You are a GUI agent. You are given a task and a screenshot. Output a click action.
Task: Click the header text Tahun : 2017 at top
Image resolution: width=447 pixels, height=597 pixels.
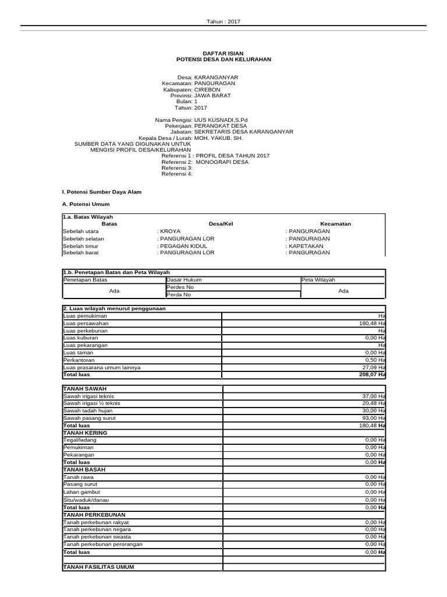click(223, 22)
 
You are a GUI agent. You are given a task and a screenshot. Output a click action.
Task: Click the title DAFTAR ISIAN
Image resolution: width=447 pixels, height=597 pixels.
click(223, 53)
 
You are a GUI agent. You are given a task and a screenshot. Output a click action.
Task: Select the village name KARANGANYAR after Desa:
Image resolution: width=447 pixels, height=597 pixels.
click(216, 77)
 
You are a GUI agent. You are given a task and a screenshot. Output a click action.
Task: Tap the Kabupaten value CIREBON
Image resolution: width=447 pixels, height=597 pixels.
click(207, 90)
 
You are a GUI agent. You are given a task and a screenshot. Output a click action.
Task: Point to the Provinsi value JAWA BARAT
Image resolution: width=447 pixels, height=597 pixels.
click(212, 96)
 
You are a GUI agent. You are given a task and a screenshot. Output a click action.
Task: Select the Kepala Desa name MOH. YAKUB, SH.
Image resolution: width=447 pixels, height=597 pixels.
click(218, 139)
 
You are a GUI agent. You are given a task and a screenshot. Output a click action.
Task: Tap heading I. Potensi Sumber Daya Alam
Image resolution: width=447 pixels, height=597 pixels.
click(101, 192)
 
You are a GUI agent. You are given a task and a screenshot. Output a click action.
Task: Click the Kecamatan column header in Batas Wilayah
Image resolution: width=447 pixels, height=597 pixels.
click(335, 223)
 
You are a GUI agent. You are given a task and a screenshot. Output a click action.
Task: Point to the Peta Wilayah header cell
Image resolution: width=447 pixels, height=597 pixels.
click(318, 280)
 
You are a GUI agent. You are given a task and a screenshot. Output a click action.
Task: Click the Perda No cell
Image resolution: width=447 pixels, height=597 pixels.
click(179, 294)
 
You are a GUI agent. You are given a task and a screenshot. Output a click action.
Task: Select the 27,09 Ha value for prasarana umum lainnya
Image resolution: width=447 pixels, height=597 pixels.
click(373, 368)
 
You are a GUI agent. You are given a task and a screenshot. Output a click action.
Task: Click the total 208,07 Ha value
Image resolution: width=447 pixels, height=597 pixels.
click(372, 375)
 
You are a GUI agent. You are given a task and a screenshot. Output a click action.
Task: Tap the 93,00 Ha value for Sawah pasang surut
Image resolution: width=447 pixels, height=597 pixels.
click(373, 419)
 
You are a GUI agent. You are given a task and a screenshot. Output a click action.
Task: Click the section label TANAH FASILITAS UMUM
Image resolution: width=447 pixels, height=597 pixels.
click(101, 567)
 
